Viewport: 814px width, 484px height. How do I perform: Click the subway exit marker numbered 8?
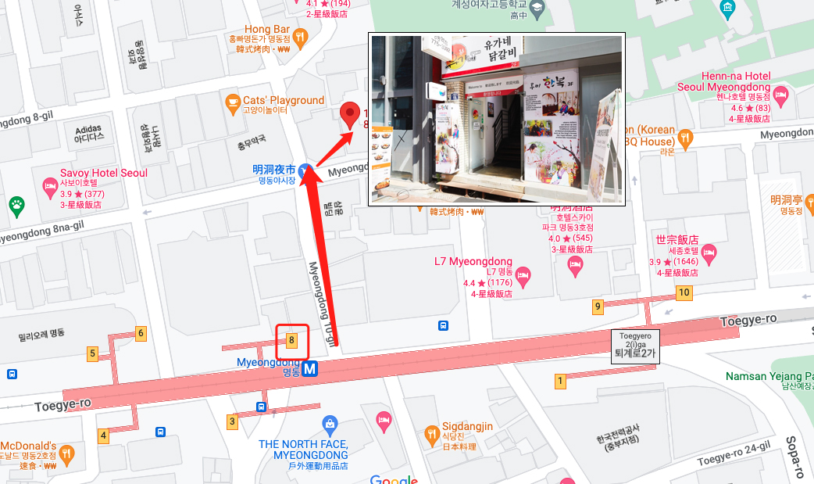pos(291,340)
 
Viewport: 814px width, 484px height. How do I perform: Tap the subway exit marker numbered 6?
pos(141,334)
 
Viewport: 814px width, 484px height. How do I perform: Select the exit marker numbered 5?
pos(93,354)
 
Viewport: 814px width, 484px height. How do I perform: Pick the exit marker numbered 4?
pos(103,436)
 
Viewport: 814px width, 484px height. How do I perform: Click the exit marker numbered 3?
pos(232,421)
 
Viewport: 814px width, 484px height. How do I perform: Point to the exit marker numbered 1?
pos(560,382)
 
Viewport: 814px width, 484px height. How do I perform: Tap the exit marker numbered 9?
pos(598,307)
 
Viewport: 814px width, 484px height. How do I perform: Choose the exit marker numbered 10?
pos(684,293)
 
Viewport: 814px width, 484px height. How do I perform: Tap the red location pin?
pos(351,114)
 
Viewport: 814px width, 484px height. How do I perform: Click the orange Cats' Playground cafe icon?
pos(232,102)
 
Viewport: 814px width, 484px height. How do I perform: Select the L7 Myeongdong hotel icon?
pos(523,274)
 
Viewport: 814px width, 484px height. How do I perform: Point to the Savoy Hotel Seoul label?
pos(104,173)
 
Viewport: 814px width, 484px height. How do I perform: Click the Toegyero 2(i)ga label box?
pos(635,344)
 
